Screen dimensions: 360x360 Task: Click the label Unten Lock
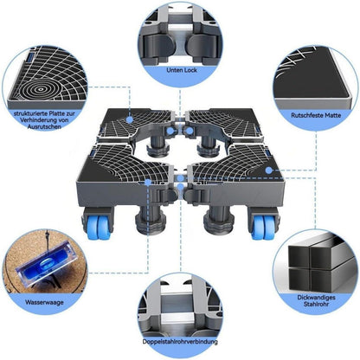coord(182,70)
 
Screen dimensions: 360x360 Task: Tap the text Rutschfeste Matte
coord(316,115)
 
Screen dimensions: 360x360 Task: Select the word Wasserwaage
coord(44,302)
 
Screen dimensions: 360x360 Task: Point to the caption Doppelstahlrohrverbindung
coord(180,342)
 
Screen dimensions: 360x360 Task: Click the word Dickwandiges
coord(316,298)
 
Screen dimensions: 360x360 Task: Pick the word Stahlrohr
coord(316,304)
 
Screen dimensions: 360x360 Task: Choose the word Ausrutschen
coord(44,126)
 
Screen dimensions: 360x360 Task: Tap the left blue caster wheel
coord(99,227)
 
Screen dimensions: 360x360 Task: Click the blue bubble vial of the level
coord(47,264)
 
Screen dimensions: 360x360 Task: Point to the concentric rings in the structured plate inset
coord(41,89)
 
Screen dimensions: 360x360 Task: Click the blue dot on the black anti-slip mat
coord(269,170)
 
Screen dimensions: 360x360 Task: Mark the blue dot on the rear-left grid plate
coord(130,119)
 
